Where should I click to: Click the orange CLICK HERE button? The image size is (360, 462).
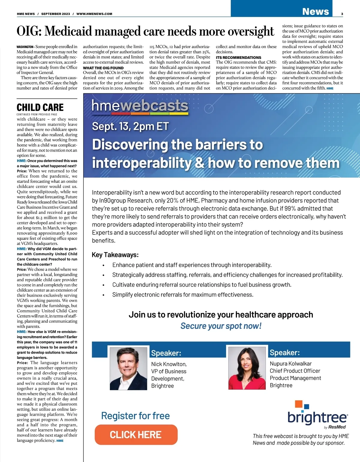click(x=136, y=435)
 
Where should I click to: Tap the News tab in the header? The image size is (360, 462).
click(x=315, y=11)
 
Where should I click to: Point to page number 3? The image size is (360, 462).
click(x=342, y=14)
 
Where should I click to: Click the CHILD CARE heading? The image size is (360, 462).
click(x=40, y=107)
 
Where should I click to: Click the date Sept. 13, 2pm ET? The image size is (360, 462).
click(x=130, y=126)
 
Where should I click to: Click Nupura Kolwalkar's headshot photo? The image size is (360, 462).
click(x=247, y=368)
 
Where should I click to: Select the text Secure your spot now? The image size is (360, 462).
click(x=221, y=326)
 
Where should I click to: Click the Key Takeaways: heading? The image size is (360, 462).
click(x=115, y=255)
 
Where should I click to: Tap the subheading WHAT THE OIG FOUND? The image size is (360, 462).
click(x=103, y=68)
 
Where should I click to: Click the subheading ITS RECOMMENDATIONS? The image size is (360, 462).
click(x=238, y=57)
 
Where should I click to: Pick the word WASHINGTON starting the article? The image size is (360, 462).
click(x=25, y=47)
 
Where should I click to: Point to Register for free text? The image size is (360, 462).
click(x=135, y=416)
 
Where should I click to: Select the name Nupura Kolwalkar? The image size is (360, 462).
click(x=290, y=364)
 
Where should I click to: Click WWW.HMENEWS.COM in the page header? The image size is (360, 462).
click(x=94, y=14)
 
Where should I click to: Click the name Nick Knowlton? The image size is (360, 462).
click(x=169, y=364)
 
